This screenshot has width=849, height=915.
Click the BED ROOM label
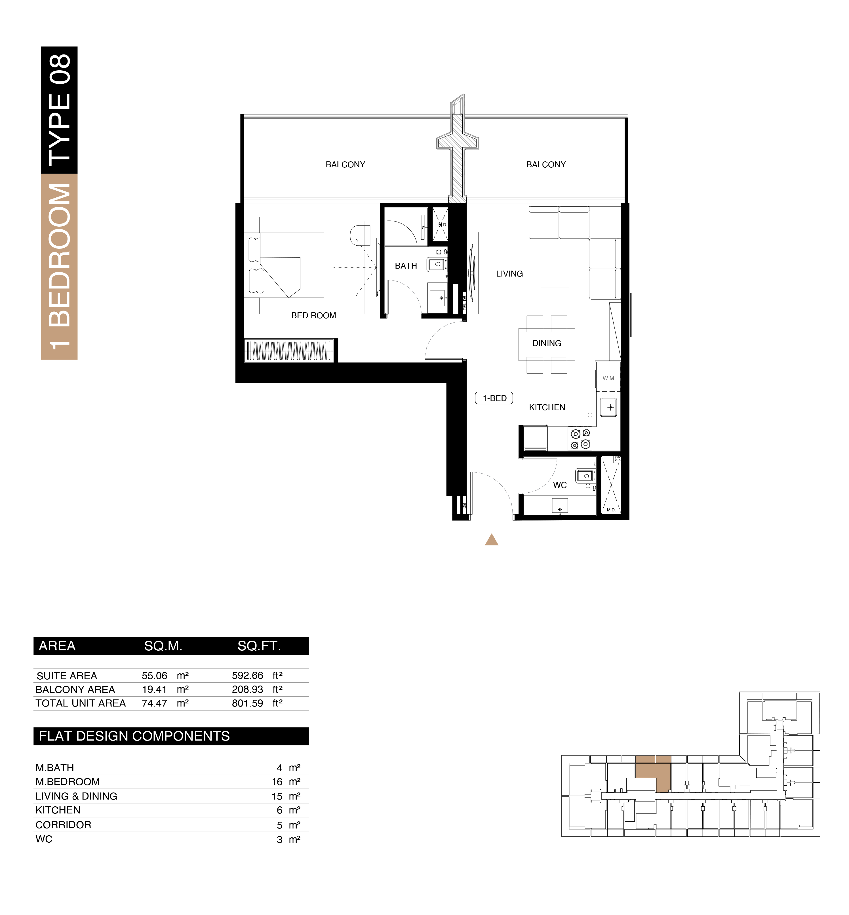pyautogui.click(x=313, y=316)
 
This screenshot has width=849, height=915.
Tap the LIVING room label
pyautogui.click(x=509, y=274)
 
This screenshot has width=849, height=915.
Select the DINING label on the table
pyautogui.click(x=547, y=343)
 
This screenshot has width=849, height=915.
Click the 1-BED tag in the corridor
pyautogui.click(x=494, y=398)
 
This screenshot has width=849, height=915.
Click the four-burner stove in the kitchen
pyautogui.click(x=580, y=439)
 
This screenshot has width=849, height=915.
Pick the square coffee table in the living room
pyautogui.click(x=555, y=273)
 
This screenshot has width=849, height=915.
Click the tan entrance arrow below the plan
pyautogui.click(x=492, y=540)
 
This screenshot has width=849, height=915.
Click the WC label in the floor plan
pyautogui.click(x=560, y=485)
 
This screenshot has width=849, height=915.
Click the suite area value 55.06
pyautogui.click(x=154, y=676)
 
